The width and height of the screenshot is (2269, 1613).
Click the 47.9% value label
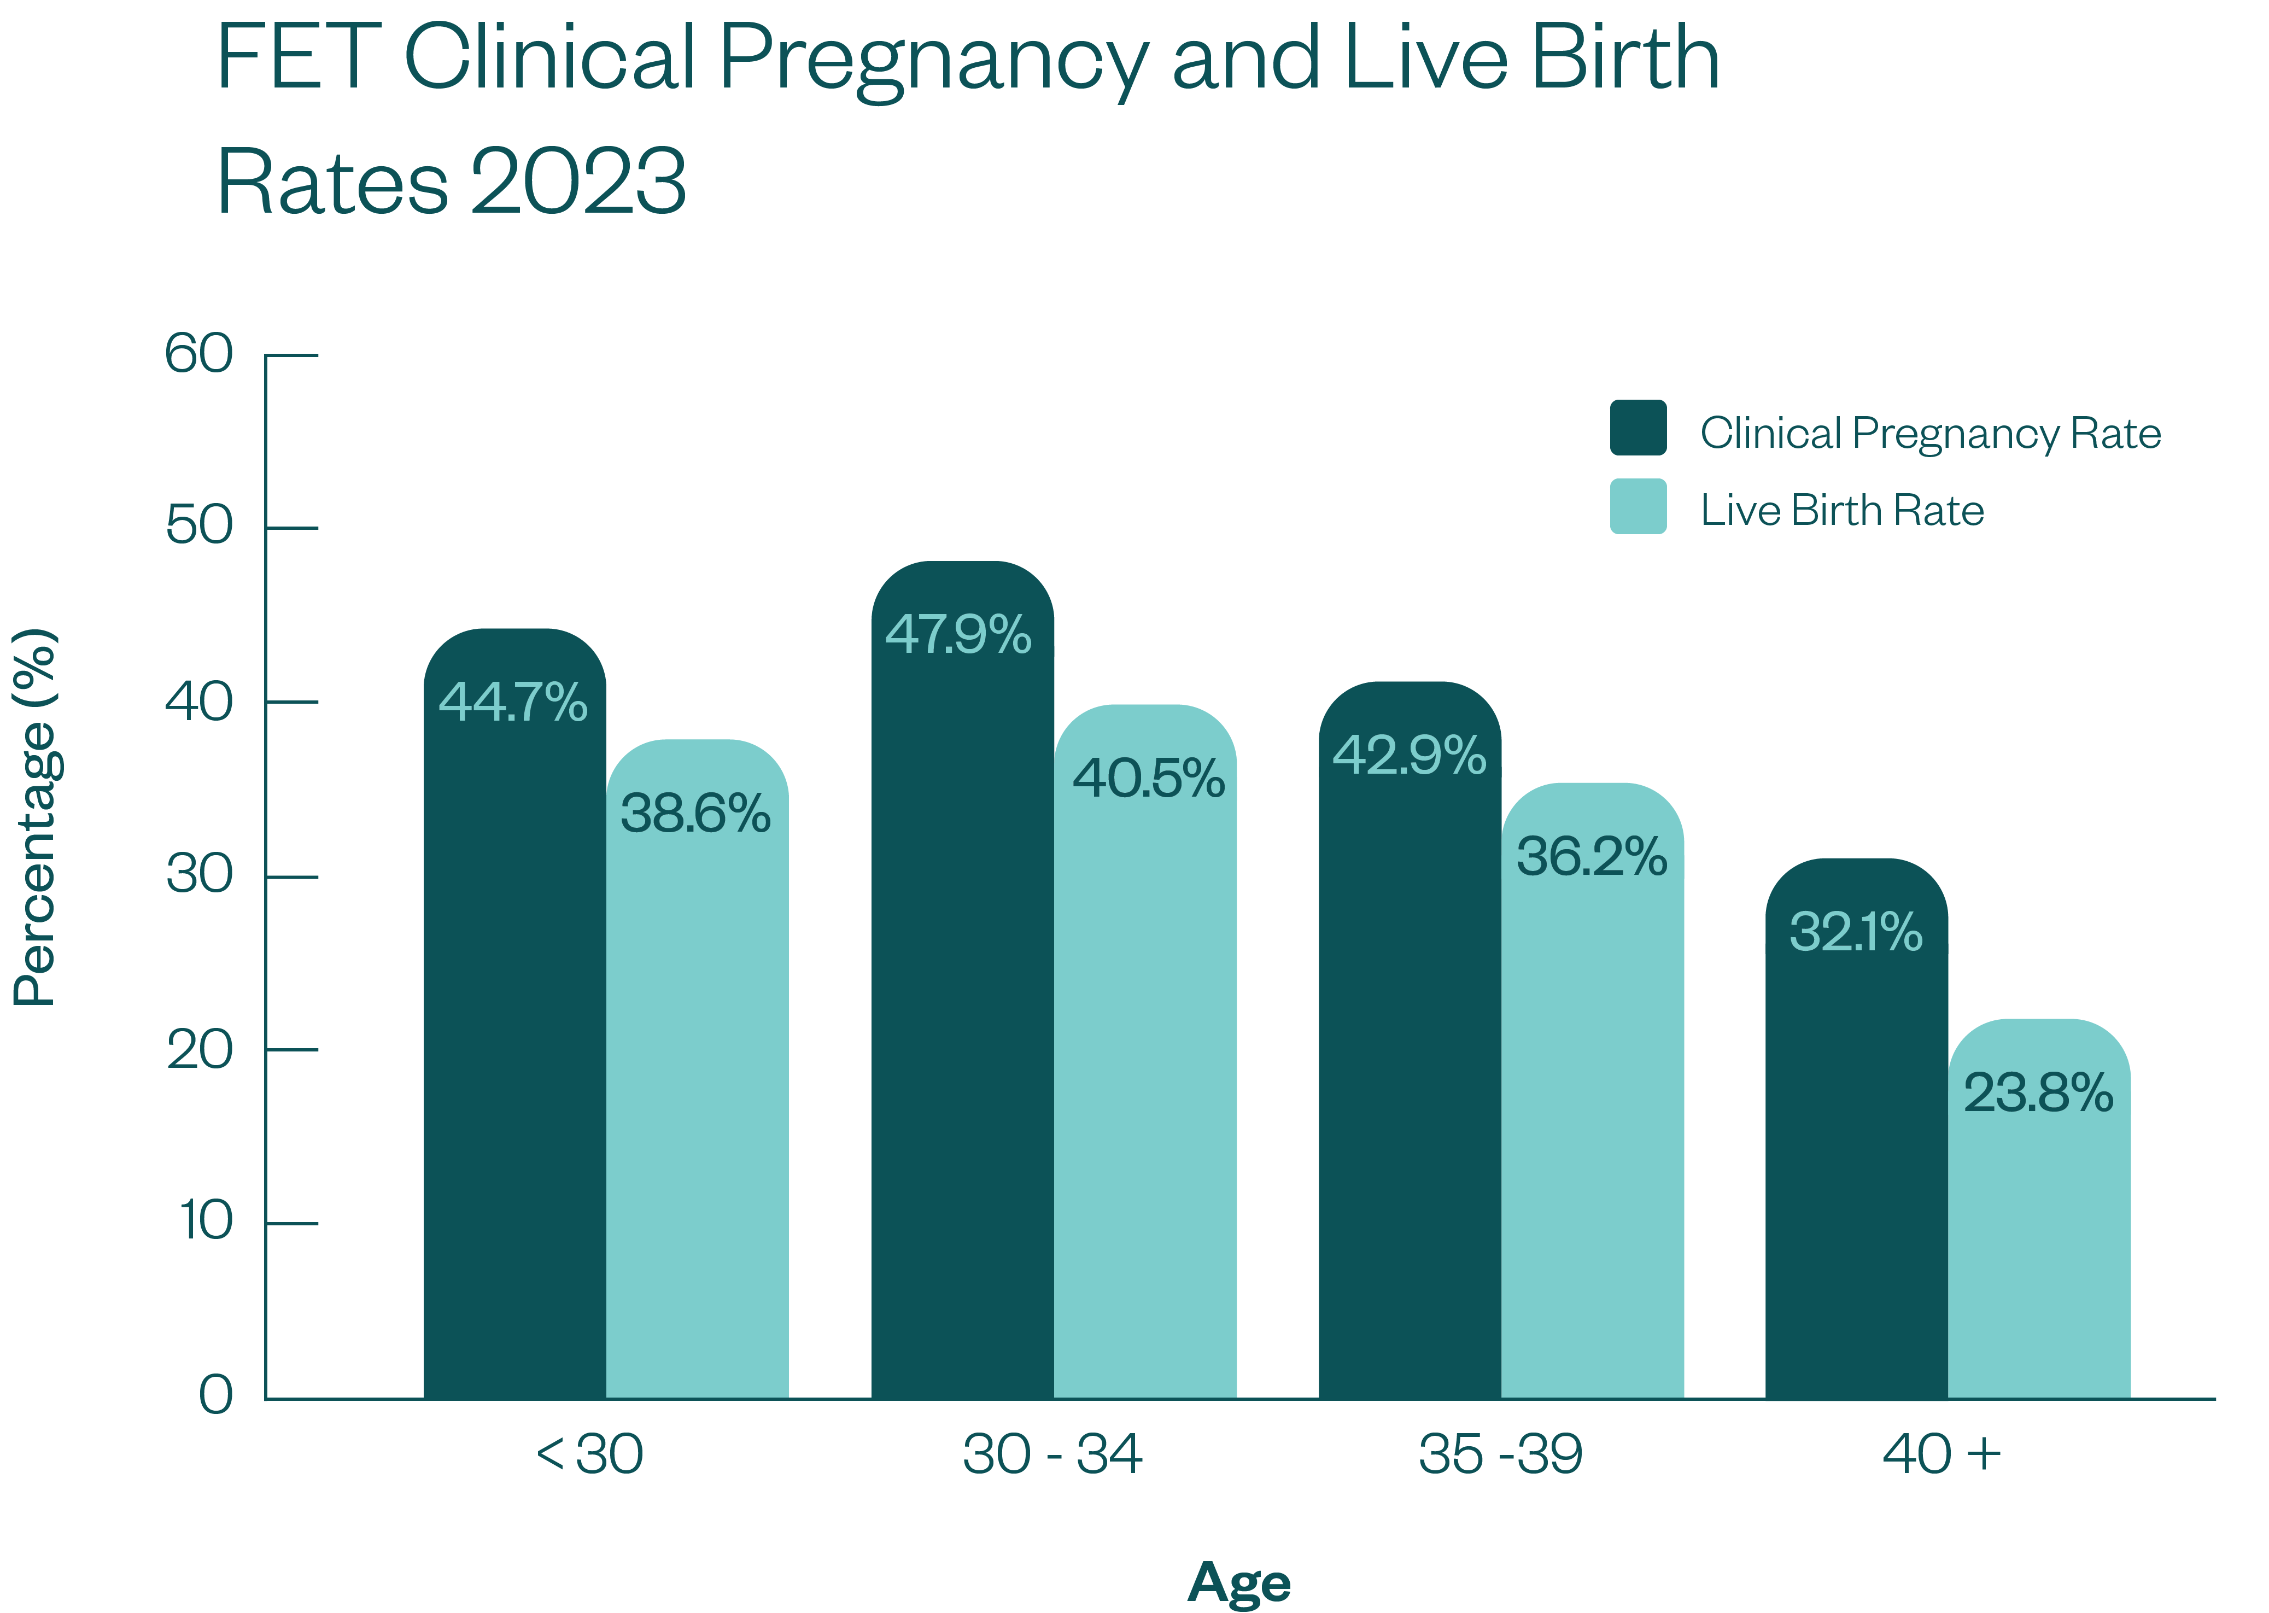pyautogui.click(x=958, y=635)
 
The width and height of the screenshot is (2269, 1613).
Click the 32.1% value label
pyautogui.click(x=1855, y=933)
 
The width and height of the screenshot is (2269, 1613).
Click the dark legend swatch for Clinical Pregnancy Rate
pyautogui.click(x=1638, y=428)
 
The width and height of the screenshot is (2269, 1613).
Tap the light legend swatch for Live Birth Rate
pyautogui.click(x=1638, y=506)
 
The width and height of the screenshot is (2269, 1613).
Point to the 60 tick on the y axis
pyautogui.click(x=200, y=354)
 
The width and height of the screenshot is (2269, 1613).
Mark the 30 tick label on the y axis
pyautogui.click(x=200, y=875)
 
